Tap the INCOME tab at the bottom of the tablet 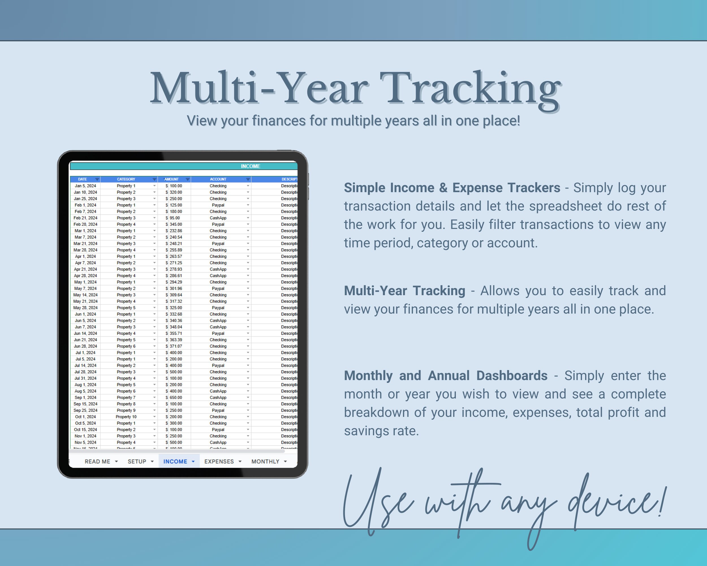tap(175, 461)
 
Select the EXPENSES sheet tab tap(219, 461)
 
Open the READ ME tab tap(97, 461)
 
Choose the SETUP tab tap(137, 461)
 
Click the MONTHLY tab tap(265, 461)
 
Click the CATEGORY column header tap(126, 179)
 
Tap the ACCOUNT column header tap(218, 179)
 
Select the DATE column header tap(82, 179)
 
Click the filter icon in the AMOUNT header tap(187, 179)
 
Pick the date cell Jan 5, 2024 tap(85, 186)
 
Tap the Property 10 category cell tap(126, 417)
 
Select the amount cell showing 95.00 tap(174, 218)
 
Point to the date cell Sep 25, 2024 tap(85, 410)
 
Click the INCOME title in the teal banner tap(251, 166)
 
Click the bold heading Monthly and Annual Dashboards tap(445, 376)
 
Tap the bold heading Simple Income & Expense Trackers tap(452, 188)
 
